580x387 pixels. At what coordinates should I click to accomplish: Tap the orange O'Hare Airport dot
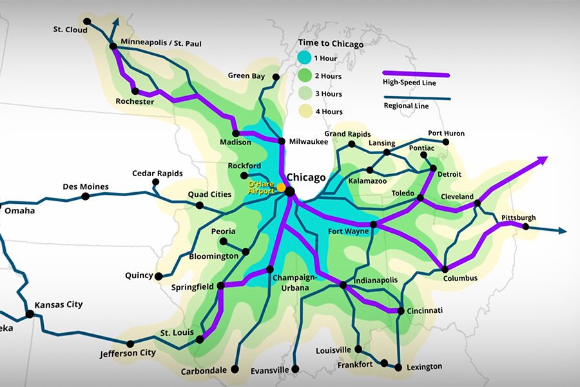pos(282,187)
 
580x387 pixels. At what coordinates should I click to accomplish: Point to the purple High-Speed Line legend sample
pos(416,74)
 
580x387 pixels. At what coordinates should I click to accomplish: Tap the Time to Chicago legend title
pos(331,44)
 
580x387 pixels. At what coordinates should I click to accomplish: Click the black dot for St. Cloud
pos(87,21)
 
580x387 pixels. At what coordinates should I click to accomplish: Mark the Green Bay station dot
pos(276,77)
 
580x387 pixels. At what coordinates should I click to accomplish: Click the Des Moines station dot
pos(85,195)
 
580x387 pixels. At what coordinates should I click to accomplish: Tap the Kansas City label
pos(59,304)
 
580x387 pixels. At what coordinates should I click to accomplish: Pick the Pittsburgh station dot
pos(526,226)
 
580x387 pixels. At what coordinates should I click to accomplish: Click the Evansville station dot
pos(295,370)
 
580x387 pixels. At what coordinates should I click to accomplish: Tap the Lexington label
pos(424,366)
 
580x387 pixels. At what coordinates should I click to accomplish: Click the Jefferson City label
pos(128,353)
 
